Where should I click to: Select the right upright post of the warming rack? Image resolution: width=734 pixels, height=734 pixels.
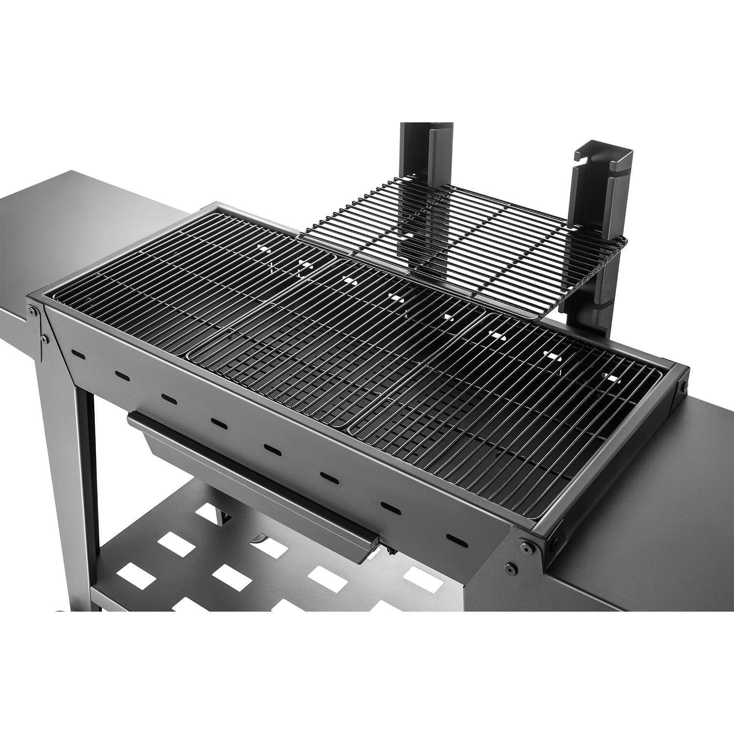(590, 196)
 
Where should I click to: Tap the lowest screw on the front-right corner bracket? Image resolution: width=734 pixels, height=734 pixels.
(511, 568)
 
